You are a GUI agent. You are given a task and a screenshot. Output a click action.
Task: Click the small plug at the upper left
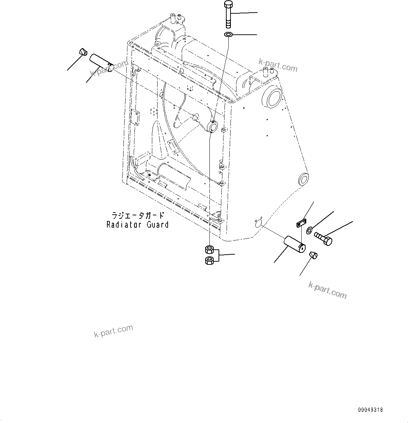(83, 52)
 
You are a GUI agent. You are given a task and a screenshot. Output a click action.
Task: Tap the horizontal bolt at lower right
(323, 239)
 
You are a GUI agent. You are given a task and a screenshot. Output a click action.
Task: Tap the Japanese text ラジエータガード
(138, 215)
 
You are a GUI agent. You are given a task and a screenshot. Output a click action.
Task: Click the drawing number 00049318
(370, 410)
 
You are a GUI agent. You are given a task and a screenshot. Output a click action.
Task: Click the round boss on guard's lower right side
(303, 179)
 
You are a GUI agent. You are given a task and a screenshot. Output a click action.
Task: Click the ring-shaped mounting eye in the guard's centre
(213, 126)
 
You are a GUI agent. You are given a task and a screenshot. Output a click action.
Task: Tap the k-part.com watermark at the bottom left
(113, 330)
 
